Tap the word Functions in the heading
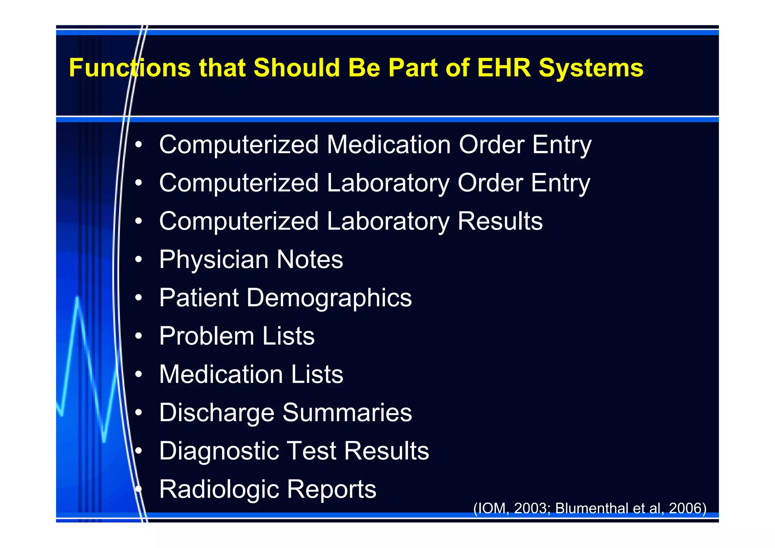point(129,68)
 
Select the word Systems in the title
point(591,68)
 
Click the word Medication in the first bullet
point(389,145)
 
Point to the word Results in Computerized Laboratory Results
point(500,221)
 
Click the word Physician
point(214,260)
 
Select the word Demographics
point(329,298)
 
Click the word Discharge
point(216,413)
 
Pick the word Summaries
point(347,413)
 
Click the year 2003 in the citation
point(531,508)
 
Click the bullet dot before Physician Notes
point(139,260)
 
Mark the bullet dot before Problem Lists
point(139,336)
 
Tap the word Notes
point(310,260)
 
